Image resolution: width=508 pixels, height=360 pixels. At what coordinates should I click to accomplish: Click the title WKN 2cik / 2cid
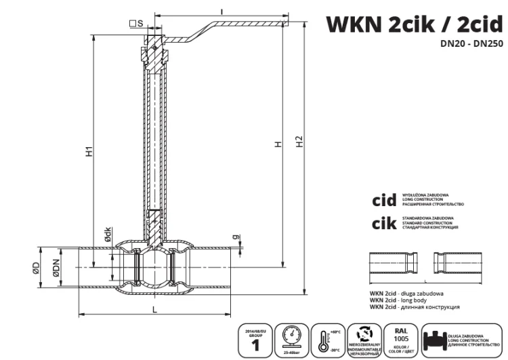(x=416, y=24)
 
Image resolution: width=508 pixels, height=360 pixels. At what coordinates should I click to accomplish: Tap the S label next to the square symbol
(x=140, y=24)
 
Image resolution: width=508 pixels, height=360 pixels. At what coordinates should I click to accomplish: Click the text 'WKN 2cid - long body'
(x=406, y=300)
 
